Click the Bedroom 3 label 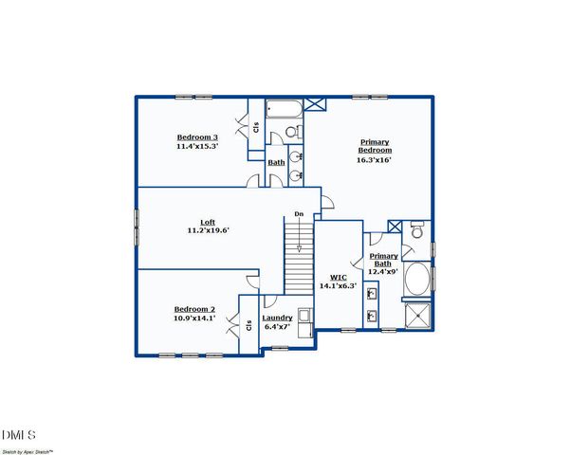click(197, 136)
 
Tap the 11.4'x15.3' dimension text click(197, 146)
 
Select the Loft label click(208, 222)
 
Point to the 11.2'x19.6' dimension click(208, 230)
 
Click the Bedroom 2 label click(194, 309)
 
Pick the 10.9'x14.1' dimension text click(194, 318)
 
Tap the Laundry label click(277, 318)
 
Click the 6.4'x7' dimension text click(277, 327)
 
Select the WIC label click(337, 276)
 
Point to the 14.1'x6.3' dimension click(337, 285)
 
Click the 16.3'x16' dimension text click(375, 160)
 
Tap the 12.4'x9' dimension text click(383, 272)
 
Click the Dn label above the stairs click(299, 214)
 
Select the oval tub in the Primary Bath click(417, 281)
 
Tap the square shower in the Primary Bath click(417, 317)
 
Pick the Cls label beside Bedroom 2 click(248, 325)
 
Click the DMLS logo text click(20, 435)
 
